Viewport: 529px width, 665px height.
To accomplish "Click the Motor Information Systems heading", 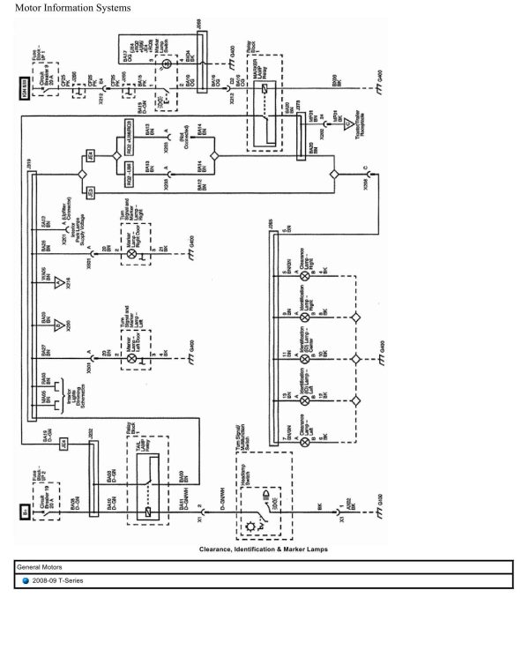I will click(72, 8).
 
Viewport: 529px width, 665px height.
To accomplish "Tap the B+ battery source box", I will click(26, 510).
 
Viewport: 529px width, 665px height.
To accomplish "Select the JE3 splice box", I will click(89, 191).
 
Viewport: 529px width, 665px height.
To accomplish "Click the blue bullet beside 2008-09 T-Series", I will click(26, 581).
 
